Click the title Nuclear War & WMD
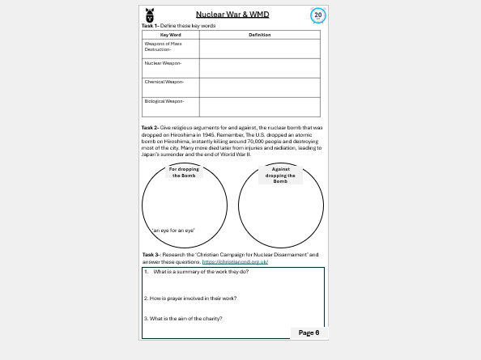point(233,14)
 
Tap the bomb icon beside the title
point(149,15)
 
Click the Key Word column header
point(170,35)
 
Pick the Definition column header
point(259,35)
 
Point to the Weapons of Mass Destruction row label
point(157,47)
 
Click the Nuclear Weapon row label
point(162,63)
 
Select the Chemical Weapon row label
point(164,83)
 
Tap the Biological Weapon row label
point(164,101)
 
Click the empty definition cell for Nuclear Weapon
point(259,67)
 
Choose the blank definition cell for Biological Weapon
point(259,107)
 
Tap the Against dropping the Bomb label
point(280,175)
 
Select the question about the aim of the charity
point(184,318)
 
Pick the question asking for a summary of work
point(197,272)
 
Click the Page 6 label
point(309,332)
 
